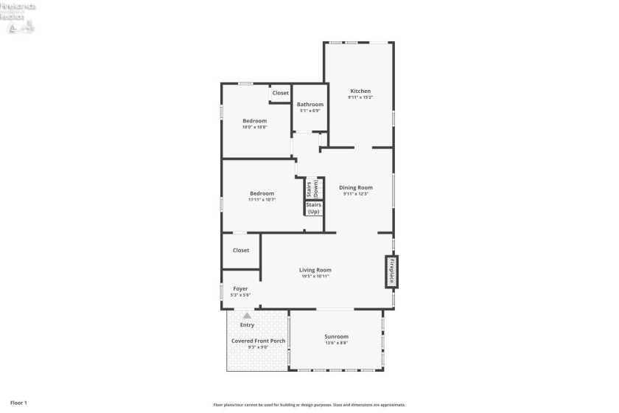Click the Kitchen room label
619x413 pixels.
(x=360, y=91)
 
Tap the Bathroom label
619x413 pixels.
(x=310, y=105)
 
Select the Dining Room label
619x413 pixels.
(x=356, y=187)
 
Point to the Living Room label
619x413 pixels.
(x=315, y=270)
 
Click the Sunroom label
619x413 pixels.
(x=336, y=336)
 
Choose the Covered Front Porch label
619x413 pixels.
(x=258, y=341)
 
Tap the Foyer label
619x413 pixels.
(x=240, y=288)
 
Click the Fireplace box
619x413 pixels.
(x=393, y=271)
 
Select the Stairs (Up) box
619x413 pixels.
(x=313, y=208)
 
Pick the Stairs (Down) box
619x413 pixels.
(x=313, y=189)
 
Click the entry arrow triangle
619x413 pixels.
(x=247, y=316)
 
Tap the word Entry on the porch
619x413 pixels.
(x=247, y=324)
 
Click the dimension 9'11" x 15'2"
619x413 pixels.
(x=360, y=97)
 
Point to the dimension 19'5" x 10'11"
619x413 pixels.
(x=315, y=277)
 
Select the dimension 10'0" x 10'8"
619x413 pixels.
(x=254, y=127)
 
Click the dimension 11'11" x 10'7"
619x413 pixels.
(x=262, y=200)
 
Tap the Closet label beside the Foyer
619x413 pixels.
(x=241, y=250)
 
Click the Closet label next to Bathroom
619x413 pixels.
(x=281, y=93)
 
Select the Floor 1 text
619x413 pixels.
(x=18, y=403)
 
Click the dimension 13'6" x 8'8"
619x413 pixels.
(x=336, y=343)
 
